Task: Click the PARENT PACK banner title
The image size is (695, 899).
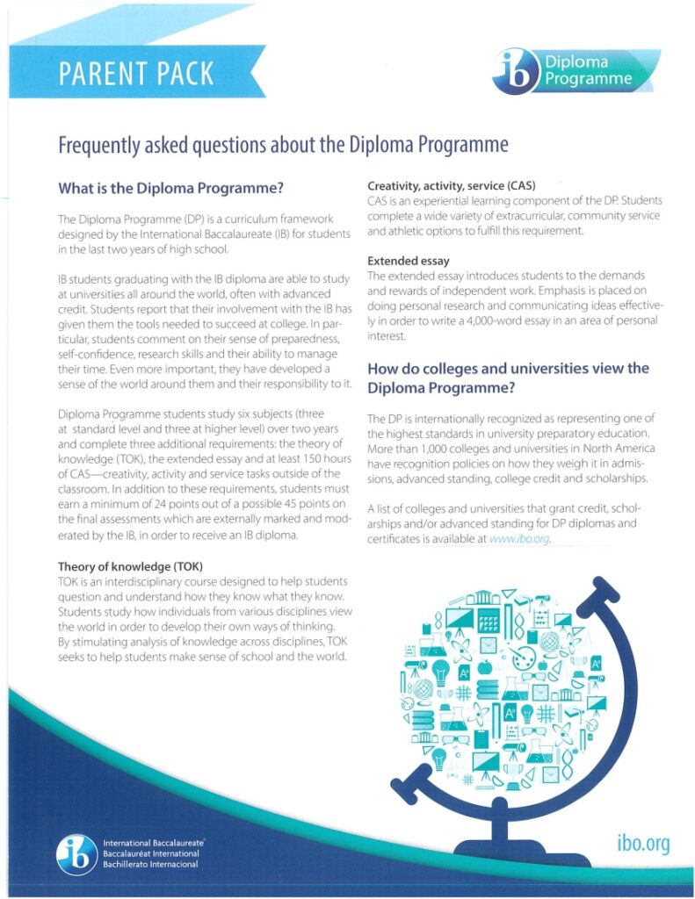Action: click(x=136, y=73)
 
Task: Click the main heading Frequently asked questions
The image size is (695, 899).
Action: click(x=283, y=145)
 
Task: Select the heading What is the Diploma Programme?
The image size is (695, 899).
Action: click(x=171, y=188)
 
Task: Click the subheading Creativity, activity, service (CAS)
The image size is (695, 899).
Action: click(x=452, y=186)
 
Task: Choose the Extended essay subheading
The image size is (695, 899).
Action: click(x=409, y=261)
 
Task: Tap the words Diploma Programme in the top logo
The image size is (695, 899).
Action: click(x=588, y=71)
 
